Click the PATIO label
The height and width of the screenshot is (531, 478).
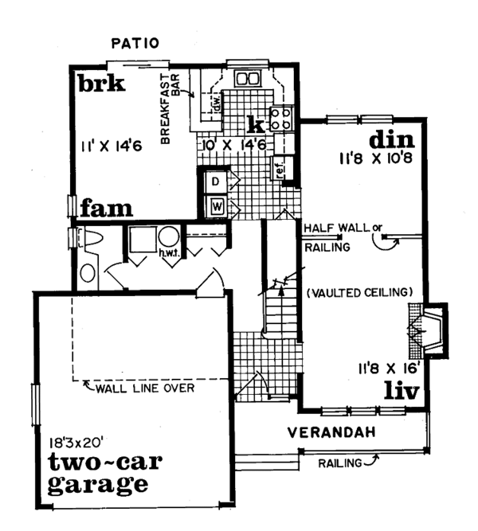[135, 43]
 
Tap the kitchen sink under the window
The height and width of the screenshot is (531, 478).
[248, 79]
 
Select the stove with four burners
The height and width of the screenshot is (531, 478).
[281, 118]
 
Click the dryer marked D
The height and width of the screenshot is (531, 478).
[215, 182]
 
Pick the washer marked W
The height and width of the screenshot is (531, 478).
[217, 206]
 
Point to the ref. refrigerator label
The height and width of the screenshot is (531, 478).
[280, 168]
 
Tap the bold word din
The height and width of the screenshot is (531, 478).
[392, 140]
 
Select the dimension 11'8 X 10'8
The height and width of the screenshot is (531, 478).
[376, 158]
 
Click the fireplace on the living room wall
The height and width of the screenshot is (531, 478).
[428, 330]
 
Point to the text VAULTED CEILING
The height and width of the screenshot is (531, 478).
[359, 292]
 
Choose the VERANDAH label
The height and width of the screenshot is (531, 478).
[331, 432]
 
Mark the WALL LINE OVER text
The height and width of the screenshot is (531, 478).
[145, 388]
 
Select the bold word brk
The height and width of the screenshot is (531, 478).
[102, 84]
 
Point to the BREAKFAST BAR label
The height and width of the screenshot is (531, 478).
[170, 108]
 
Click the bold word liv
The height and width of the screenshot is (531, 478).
[402, 391]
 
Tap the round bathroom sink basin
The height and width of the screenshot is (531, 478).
[88, 273]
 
